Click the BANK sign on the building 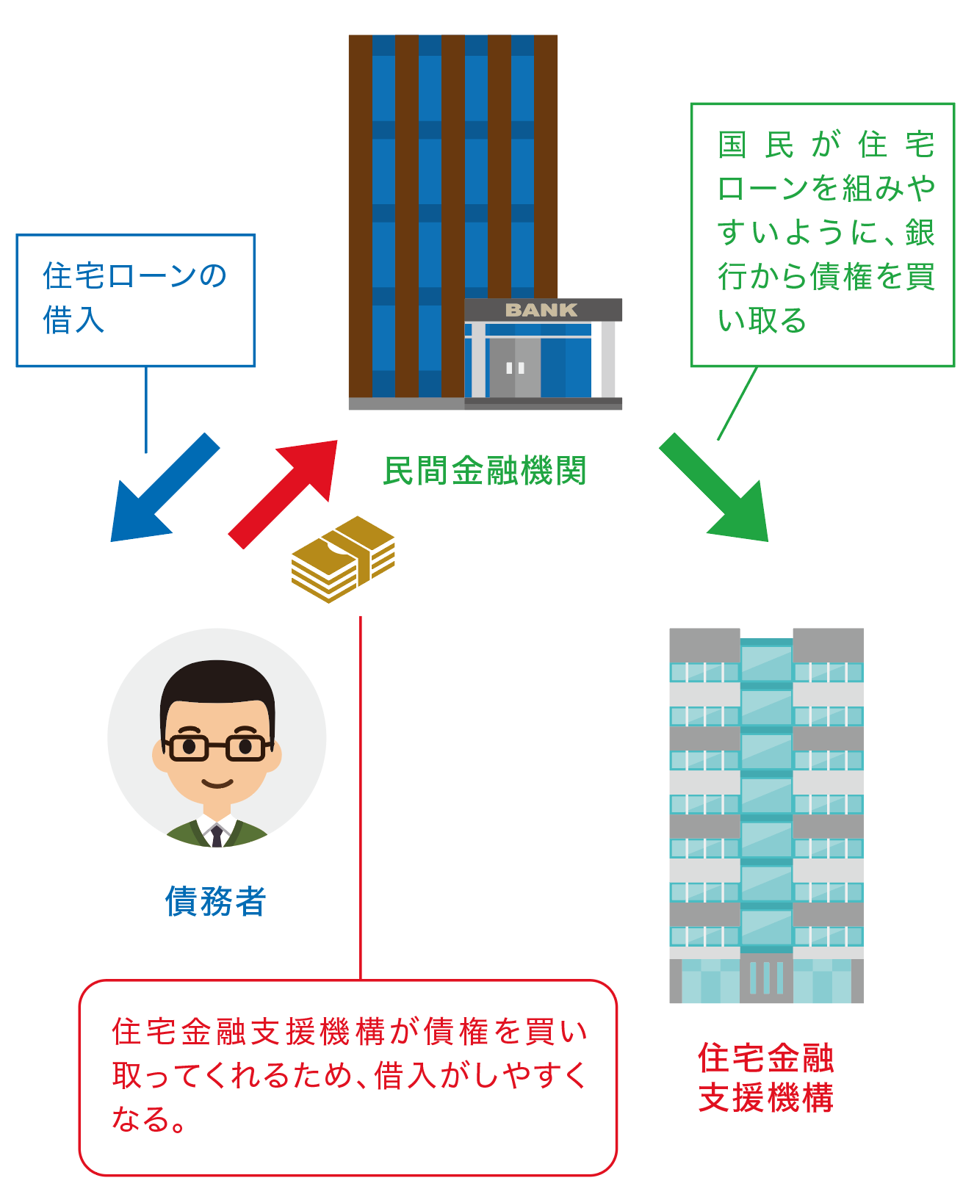(541, 310)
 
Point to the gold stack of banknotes (344, 560)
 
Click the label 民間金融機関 (485, 471)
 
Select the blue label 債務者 (215, 901)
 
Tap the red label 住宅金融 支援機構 (766, 1078)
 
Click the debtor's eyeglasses (217, 747)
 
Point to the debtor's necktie (217, 836)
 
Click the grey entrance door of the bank (515, 367)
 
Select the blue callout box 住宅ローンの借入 (136, 300)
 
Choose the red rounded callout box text (348, 1075)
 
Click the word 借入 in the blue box (73, 321)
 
